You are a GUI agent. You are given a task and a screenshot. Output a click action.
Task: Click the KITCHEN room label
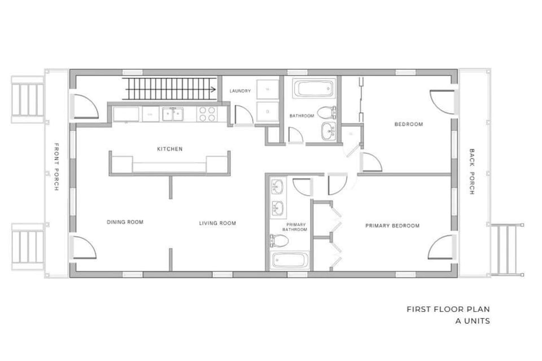tap(170, 149)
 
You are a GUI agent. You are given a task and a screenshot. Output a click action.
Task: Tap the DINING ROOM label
tap(125, 222)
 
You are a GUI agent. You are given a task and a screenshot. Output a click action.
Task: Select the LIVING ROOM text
tap(217, 223)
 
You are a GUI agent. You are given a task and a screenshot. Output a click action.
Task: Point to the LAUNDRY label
tap(241, 91)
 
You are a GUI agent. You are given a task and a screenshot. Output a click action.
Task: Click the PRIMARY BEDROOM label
tap(392, 226)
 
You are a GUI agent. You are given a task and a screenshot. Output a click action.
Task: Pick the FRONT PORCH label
tap(56, 166)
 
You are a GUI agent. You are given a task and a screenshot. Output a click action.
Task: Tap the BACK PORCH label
tap(472, 171)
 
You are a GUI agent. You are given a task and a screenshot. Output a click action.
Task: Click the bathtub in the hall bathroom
tap(314, 89)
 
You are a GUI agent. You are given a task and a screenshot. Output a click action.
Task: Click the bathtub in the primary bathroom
tap(290, 260)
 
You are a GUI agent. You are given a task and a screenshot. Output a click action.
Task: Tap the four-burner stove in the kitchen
tap(207, 114)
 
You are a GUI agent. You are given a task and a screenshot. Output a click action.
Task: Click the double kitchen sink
tap(173, 114)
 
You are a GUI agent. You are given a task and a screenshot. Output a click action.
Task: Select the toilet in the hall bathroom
tap(326, 112)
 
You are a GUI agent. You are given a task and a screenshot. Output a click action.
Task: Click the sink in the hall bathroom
tap(329, 131)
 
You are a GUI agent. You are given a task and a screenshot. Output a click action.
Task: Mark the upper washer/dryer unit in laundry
tap(268, 90)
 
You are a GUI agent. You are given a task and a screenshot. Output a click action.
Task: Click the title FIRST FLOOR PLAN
tap(448, 309)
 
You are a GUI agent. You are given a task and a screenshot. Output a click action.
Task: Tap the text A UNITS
tap(473, 321)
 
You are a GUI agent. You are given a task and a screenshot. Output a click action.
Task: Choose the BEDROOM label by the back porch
tap(409, 124)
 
